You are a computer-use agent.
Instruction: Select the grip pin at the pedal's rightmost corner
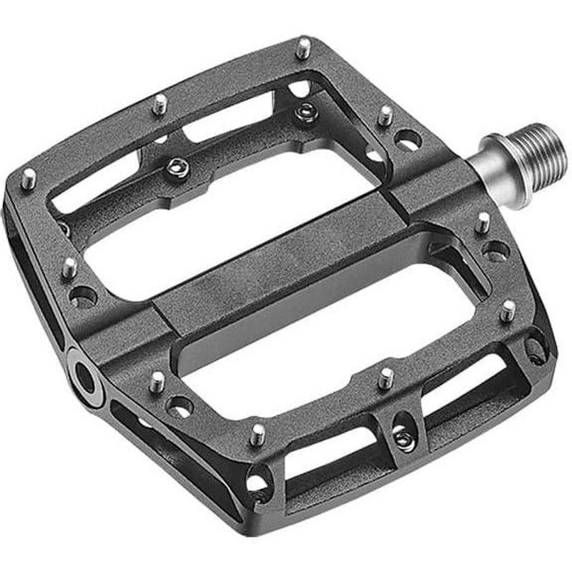coord(508,310)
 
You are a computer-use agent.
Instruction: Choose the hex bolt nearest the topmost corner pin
coord(306,110)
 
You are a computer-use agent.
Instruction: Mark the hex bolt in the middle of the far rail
coord(178,167)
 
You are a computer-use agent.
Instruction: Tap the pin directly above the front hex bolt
coord(386,378)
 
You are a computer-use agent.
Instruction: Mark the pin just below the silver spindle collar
coord(484,221)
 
